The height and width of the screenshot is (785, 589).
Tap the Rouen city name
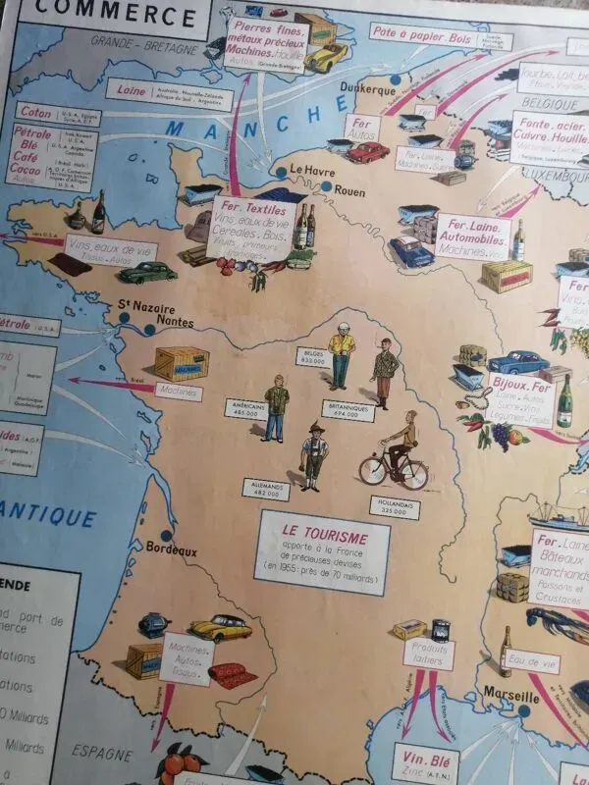click(349, 190)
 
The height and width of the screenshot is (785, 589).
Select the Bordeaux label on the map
click(171, 550)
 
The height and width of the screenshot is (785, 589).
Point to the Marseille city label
click(511, 698)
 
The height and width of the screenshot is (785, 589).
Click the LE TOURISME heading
click(322, 538)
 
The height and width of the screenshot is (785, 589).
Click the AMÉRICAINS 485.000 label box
click(248, 407)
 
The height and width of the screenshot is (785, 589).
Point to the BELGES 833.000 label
click(312, 355)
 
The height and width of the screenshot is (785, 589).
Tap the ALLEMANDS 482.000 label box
click(272, 491)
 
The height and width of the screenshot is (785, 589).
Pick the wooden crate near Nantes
click(182, 363)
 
